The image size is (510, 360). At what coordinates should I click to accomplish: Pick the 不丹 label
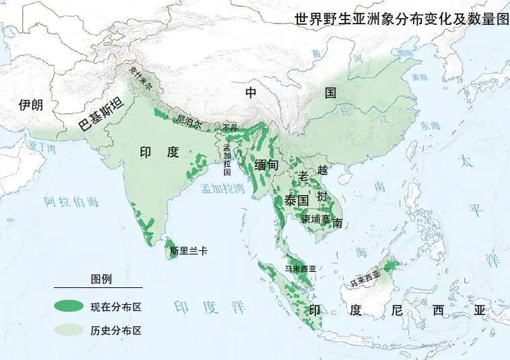(x=229, y=127)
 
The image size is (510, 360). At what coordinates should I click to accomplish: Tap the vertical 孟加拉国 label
(x=227, y=159)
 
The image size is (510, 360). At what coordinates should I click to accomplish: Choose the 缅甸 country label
(x=266, y=164)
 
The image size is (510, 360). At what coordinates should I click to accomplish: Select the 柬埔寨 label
(x=316, y=219)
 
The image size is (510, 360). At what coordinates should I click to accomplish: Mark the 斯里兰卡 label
(x=188, y=250)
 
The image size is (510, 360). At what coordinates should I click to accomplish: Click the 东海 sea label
(x=430, y=125)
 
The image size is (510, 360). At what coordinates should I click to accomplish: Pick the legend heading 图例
(x=101, y=279)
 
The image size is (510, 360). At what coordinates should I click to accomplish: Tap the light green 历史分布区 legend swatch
(x=69, y=330)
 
